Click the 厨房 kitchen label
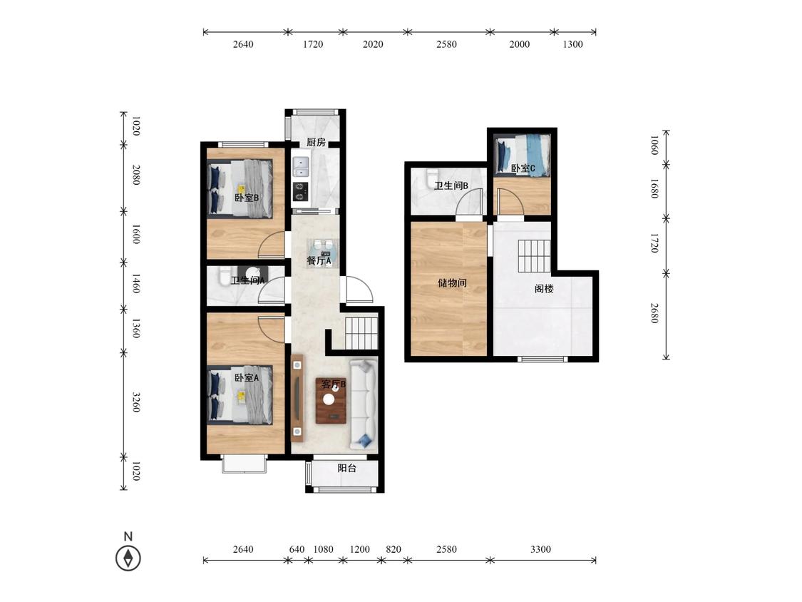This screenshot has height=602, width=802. (316, 143)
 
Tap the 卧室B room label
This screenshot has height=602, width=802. (247, 198)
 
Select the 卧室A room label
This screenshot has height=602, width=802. (247, 378)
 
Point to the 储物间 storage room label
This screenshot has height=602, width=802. (452, 282)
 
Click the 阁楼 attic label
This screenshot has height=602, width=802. (544, 289)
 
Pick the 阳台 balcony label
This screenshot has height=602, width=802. (347, 468)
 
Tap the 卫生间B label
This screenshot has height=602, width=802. (452, 186)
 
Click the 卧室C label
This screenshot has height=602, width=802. (523, 168)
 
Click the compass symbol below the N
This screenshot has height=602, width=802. (128, 558)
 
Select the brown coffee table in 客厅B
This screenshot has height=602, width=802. (331, 400)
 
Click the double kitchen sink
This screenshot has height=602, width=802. (301, 168)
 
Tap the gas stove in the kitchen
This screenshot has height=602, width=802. (301, 191)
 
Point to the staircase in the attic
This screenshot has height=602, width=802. (534, 257)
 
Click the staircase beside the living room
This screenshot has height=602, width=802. (361, 333)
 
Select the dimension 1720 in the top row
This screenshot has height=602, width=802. (313, 44)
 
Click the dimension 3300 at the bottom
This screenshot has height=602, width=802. (540, 549)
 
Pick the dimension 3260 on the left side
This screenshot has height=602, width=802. (136, 402)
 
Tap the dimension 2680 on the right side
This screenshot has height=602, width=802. (654, 313)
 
